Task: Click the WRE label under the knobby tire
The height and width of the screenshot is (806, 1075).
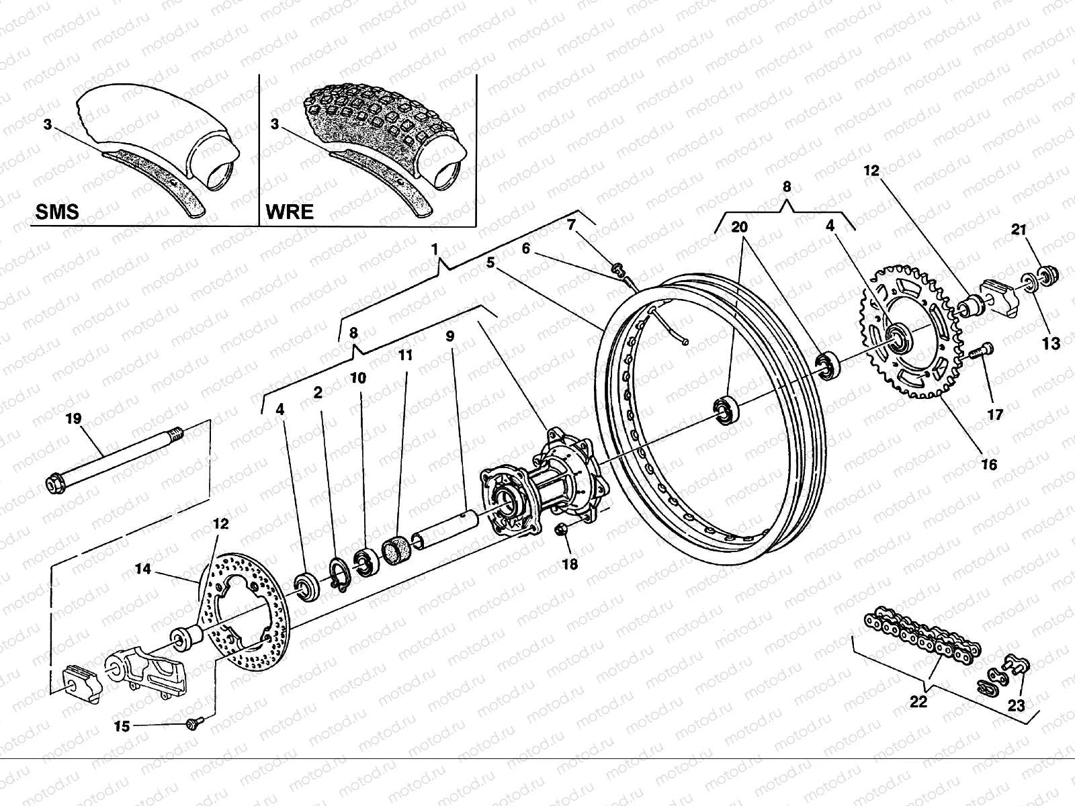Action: coord(290,212)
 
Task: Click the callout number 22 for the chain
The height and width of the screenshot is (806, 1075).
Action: coord(918,702)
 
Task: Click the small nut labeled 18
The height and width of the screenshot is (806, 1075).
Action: coord(563,532)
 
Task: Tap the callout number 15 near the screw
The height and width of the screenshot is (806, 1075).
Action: coord(122,726)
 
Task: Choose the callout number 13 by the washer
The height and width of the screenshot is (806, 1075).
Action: coord(1051,343)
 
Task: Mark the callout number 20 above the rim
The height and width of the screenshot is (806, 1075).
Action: coord(739,228)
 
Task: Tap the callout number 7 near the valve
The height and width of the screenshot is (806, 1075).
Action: coord(571,225)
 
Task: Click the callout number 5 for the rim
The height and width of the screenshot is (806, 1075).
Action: coord(490,263)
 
